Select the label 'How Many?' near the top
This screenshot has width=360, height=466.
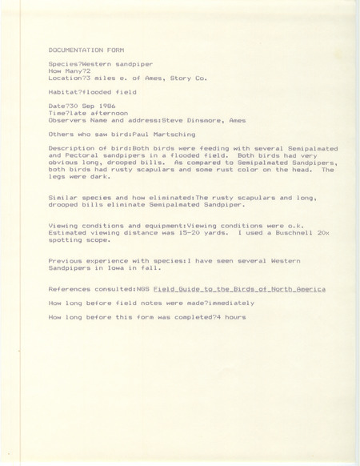pyautogui.click(x=66, y=70)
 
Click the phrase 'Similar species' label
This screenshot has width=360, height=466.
pyautogui.click(x=77, y=197)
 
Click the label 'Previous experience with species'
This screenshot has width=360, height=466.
pyautogui.click(x=100, y=261)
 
